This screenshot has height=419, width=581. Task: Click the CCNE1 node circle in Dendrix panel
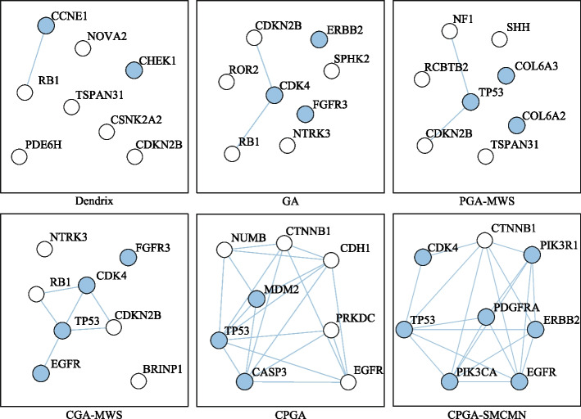pyautogui.click(x=45, y=26)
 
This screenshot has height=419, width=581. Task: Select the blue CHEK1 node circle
pyautogui.click(x=134, y=71)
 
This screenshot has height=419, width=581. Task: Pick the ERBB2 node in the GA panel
pyautogui.click(x=319, y=39)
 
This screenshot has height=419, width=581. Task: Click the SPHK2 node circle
pyautogui.click(x=331, y=70)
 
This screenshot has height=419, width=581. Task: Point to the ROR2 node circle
pyautogui.click(x=225, y=81)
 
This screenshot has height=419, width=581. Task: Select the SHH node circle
pyautogui.click(x=498, y=38)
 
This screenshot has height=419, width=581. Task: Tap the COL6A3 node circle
pyautogui.click(x=506, y=76)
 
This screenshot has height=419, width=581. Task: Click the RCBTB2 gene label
pyautogui.click(x=447, y=66)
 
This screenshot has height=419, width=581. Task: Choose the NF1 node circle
pyautogui.click(x=448, y=31)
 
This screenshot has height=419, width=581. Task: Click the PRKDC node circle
pyautogui.click(x=331, y=331)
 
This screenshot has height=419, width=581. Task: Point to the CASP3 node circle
pyautogui.click(x=244, y=381)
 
